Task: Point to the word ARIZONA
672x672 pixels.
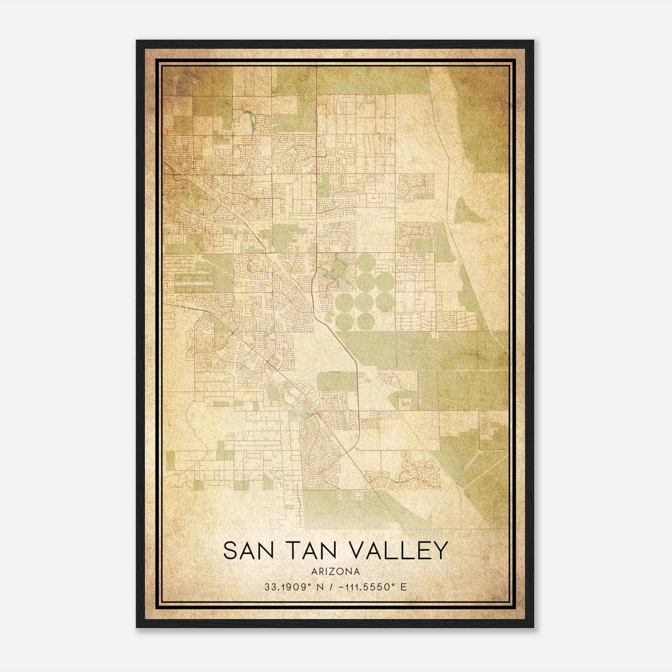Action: [336, 572]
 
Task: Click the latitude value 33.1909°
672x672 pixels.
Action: [288, 587]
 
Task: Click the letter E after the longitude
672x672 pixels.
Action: [404, 587]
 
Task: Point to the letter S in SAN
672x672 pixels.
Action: [231, 550]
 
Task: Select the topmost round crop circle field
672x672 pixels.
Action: [365, 262]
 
